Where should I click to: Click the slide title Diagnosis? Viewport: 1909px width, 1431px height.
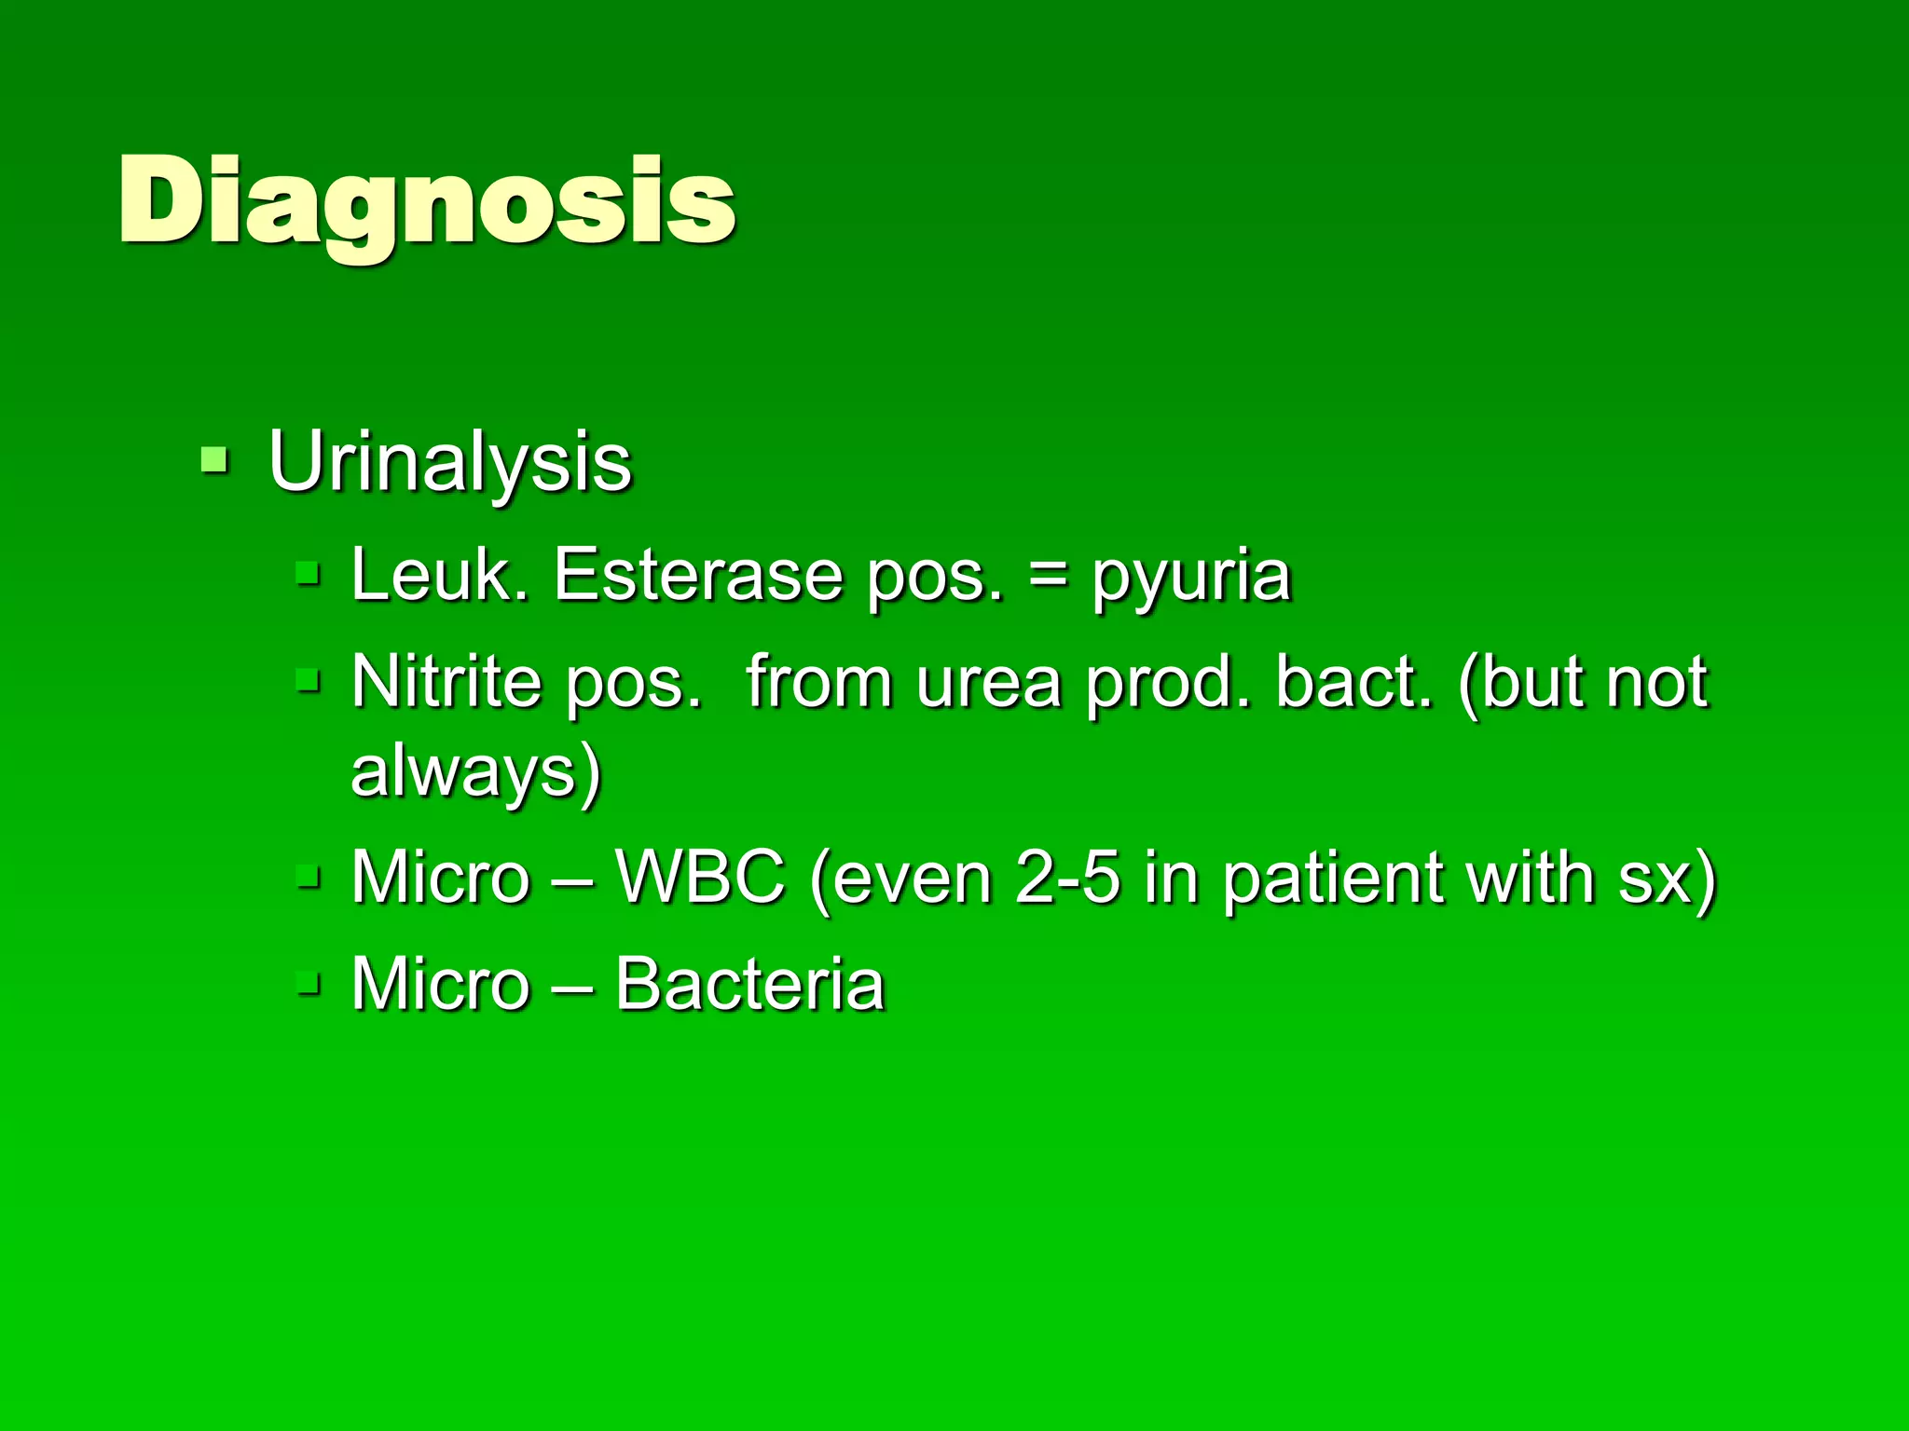[427, 203]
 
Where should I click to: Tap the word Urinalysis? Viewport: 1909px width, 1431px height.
[449, 462]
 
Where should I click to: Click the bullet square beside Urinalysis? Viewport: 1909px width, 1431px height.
[214, 459]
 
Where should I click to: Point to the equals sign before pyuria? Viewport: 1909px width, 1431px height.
[1049, 577]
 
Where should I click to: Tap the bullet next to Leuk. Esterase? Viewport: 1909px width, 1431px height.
[309, 573]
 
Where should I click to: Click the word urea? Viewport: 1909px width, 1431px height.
[989, 685]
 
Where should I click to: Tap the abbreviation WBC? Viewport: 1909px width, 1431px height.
[700, 877]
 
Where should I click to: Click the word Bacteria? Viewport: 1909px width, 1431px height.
[749, 984]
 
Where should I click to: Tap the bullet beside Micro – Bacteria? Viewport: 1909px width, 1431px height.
[309, 982]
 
